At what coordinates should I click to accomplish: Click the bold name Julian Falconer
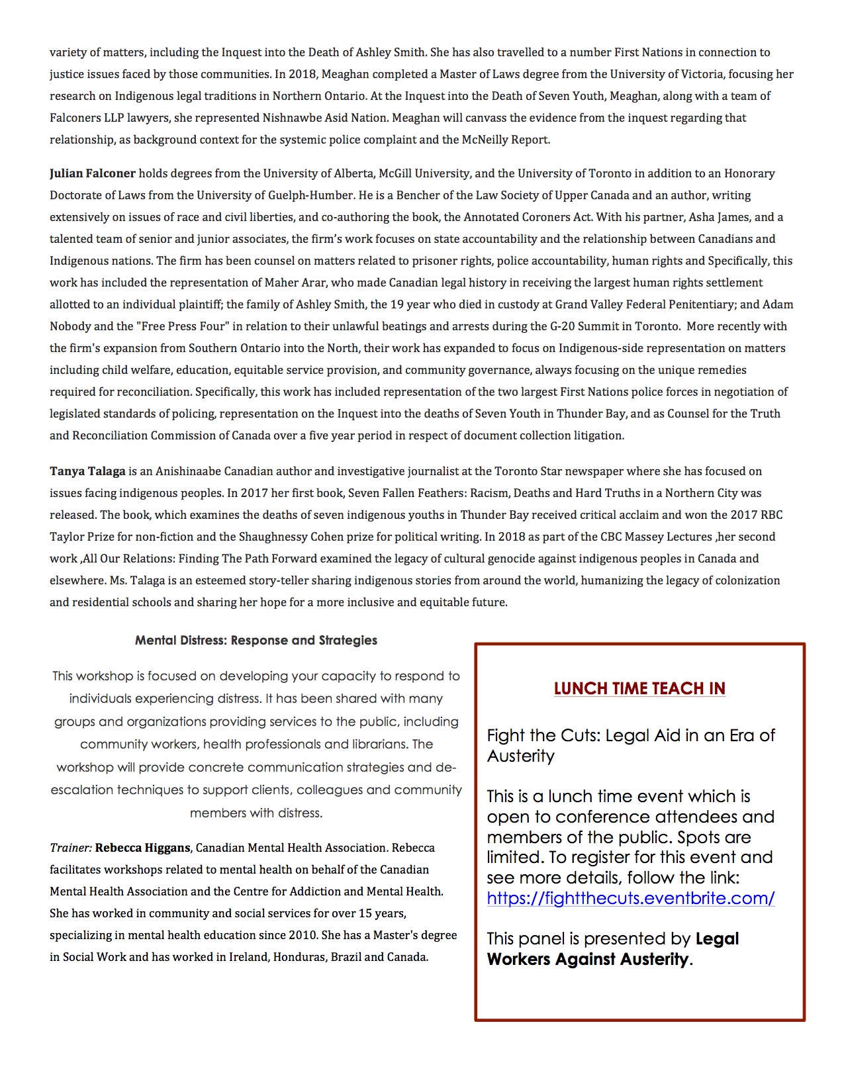pyautogui.click(x=92, y=173)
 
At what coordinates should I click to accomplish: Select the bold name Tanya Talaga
pyautogui.click(x=87, y=471)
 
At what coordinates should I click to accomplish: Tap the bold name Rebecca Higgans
pyautogui.click(x=142, y=848)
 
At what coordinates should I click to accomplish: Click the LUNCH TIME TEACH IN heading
pyautogui.click(x=639, y=688)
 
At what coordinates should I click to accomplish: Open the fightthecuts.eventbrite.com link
pyautogui.click(x=630, y=898)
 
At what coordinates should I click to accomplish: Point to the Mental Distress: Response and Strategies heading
pyautogui.click(x=256, y=640)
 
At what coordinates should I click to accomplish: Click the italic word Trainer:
pyautogui.click(x=70, y=848)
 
